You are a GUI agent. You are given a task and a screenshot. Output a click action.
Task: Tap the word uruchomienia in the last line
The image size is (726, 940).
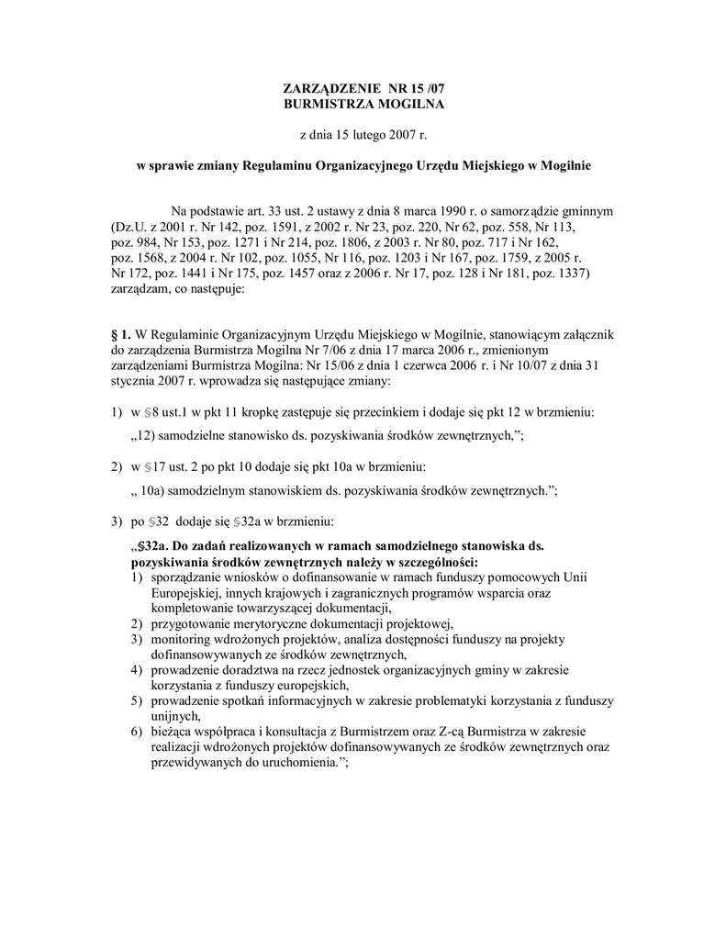click(296, 763)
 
